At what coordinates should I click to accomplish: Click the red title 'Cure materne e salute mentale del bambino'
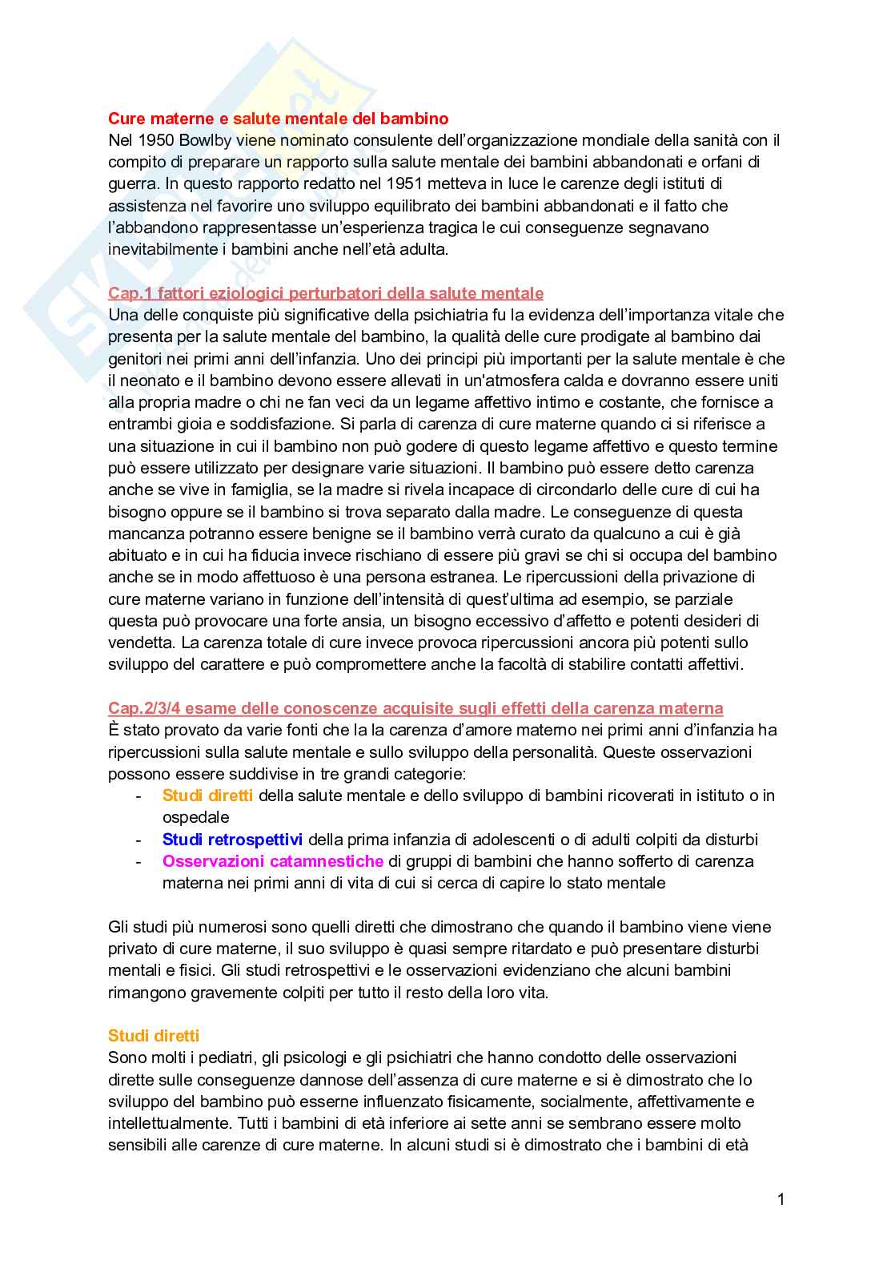278,119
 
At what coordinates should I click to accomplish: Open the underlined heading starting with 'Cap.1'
325,293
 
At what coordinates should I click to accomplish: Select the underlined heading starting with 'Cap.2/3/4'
415,708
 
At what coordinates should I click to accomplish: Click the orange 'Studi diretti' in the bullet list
207,796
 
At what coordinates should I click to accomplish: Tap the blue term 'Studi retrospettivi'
232,840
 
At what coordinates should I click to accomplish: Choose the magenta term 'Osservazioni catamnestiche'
272,861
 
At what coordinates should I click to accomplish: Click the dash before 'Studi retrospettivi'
138,840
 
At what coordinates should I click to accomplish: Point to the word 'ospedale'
196,817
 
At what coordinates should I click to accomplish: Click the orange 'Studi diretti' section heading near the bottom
154,1036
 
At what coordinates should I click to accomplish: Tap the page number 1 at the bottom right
781,1199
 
